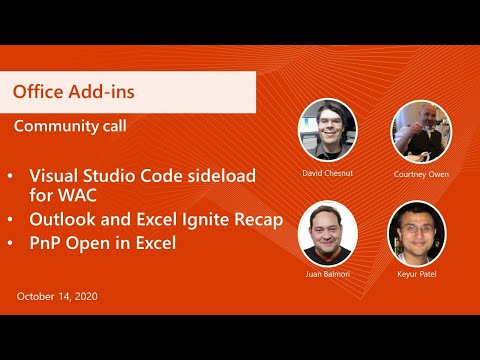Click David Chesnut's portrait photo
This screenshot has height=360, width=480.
point(328,129)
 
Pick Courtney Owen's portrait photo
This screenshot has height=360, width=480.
point(419,131)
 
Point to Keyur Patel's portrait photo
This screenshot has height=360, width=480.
point(417,232)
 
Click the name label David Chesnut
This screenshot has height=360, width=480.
point(328,171)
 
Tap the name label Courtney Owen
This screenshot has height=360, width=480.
point(423,172)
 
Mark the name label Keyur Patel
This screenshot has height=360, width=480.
point(417,273)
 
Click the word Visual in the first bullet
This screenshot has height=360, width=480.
point(53,175)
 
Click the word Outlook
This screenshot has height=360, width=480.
point(62,218)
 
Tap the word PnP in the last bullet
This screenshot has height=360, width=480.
point(46,242)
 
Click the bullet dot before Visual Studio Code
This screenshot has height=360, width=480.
point(11,176)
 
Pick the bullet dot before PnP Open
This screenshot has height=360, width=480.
point(11,242)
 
